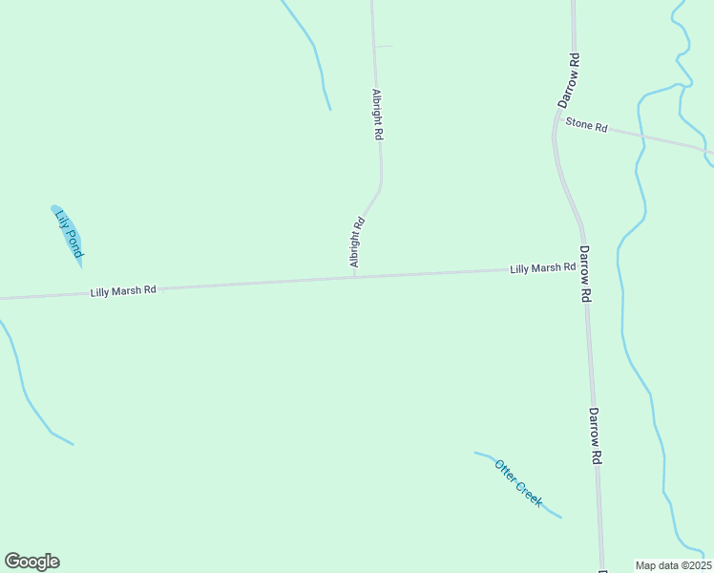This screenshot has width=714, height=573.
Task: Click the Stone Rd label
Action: (586, 125)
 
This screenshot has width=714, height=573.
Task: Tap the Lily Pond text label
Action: (70, 232)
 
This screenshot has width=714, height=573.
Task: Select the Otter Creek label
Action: (518, 482)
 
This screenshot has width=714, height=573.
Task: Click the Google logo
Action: (31, 562)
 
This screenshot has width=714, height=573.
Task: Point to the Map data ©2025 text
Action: (674, 565)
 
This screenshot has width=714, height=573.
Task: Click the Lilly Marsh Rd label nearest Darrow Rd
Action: (542, 268)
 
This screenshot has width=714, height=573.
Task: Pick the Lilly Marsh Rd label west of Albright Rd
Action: (123, 289)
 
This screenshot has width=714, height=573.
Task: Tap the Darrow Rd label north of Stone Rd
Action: (569, 79)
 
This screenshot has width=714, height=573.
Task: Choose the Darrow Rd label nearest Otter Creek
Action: (594, 436)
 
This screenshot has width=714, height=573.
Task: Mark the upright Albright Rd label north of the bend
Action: (377, 116)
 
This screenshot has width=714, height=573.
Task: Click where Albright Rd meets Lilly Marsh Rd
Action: (355, 277)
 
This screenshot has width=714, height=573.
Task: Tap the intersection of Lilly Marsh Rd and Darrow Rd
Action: (584, 267)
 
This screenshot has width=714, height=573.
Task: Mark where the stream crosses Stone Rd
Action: (641, 136)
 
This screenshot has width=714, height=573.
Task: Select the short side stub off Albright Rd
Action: (383, 46)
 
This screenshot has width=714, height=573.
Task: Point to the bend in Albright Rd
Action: (381, 186)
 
